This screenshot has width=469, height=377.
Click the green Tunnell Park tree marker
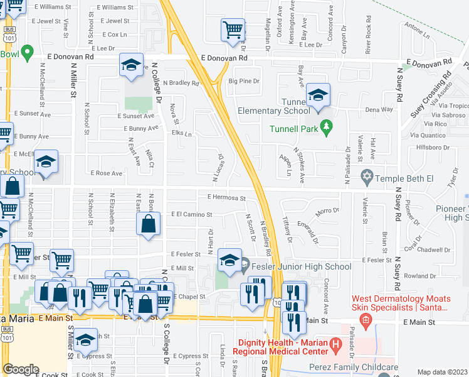click(x=325, y=129)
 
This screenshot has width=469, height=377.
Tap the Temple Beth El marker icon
click(x=367, y=175)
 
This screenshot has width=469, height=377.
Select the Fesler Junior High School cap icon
click(x=229, y=261)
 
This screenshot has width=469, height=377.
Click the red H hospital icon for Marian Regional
click(x=335, y=344)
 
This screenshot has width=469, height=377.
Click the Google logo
click(x=21, y=369)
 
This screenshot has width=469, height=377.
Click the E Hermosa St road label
click(x=226, y=197)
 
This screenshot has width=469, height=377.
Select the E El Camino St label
click(x=191, y=214)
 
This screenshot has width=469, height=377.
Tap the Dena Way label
click(x=379, y=109)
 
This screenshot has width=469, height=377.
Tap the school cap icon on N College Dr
click(x=131, y=65)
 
